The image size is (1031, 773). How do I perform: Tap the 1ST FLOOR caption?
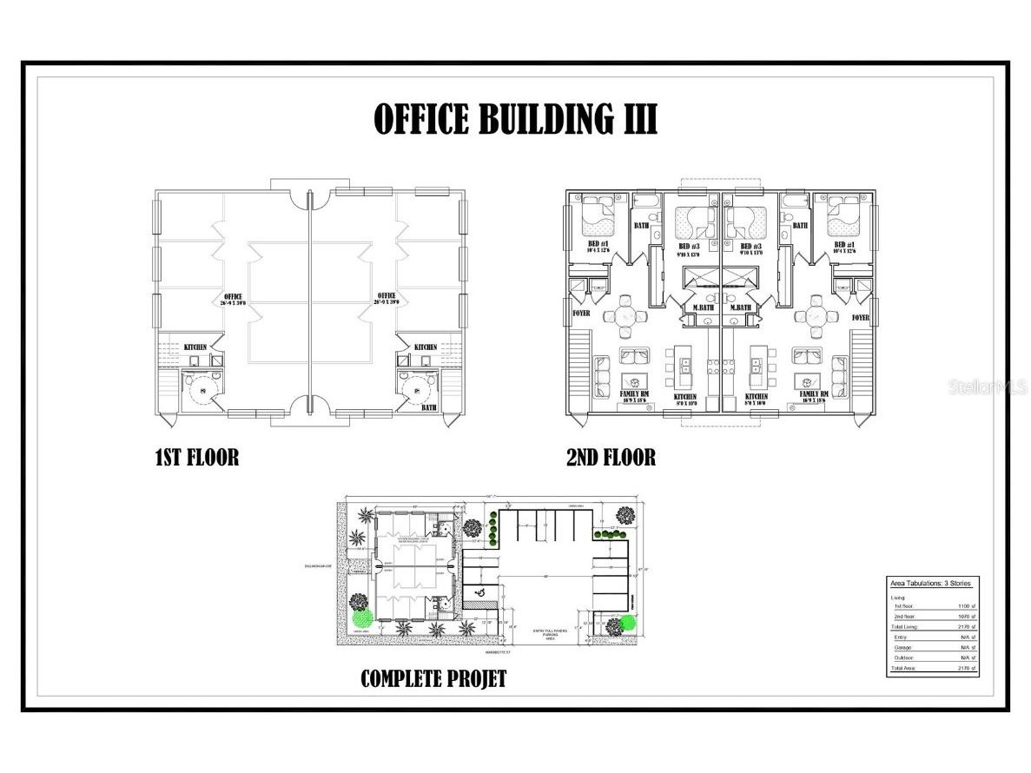tap(196, 456)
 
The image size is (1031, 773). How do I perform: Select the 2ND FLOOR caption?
tap(611, 456)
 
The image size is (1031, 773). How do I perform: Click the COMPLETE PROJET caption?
tap(433, 678)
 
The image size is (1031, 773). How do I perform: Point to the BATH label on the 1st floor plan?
tap(429, 406)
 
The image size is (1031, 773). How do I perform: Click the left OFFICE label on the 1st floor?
tap(232, 296)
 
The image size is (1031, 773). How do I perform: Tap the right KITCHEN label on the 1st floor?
tap(426, 347)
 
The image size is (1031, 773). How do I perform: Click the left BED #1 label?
tap(598, 245)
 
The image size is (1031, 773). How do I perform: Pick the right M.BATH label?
tap(741, 308)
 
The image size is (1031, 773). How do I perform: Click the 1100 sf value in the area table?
tap(963, 606)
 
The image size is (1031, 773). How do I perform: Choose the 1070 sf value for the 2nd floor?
tap(963, 616)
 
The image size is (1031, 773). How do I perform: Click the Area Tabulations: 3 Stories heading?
tap(930, 583)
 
